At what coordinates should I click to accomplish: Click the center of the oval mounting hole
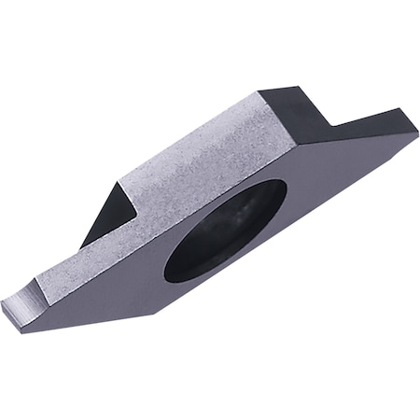pyautogui.click(x=227, y=231)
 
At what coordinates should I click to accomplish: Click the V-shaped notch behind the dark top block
pyautogui.click(x=329, y=124)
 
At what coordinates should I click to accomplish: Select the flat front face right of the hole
pyautogui.click(x=327, y=187)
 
